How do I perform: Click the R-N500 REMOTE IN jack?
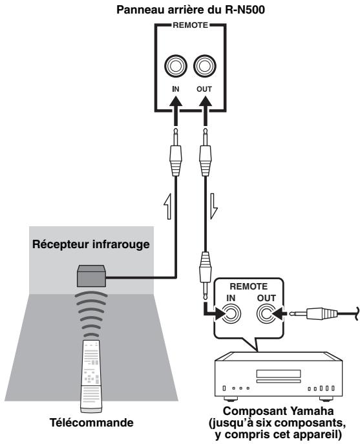(x=176, y=67)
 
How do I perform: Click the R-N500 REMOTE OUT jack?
(x=204, y=67)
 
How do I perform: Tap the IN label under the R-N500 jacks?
(x=176, y=89)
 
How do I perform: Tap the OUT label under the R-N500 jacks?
(x=204, y=89)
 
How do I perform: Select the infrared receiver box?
(x=92, y=276)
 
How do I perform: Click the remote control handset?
(x=91, y=376)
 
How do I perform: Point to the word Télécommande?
(x=92, y=423)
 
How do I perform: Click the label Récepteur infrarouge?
(x=91, y=244)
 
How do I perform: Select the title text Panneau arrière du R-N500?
(x=191, y=10)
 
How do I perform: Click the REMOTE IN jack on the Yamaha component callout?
(x=231, y=313)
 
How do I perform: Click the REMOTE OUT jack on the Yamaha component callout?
(x=266, y=313)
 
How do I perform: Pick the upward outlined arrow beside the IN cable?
(x=168, y=206)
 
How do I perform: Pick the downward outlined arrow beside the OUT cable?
(x=214, y=206)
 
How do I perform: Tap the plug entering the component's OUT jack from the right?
(x=313, y=313)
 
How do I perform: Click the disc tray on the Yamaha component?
(x=279, y=374)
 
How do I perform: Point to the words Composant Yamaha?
(x=278, y=411)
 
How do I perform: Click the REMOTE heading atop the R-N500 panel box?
(x=190, y=25)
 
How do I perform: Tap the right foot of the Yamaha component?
(x=326, y=399)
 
